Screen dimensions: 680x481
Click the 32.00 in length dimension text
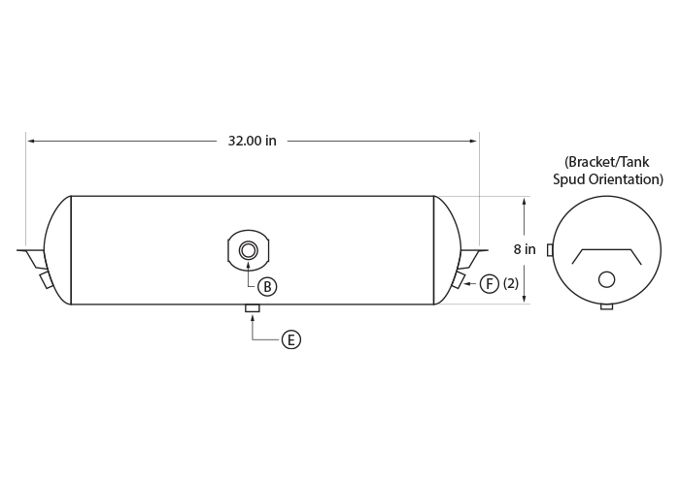pyautogui.click(x=252, y=141)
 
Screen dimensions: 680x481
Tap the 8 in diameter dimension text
pyautogui.click(x=525, y=249)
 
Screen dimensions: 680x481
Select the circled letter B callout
pyautogui.click(x=267, y=287)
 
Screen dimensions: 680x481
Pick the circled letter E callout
pyautogui.click(x=291, y=339)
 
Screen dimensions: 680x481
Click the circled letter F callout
pyautogui.click(x=490, y=284)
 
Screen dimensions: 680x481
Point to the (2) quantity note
pyautogui.click(x=511, y=283)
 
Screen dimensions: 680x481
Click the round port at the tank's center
pyautogui.click(x=248, y=250)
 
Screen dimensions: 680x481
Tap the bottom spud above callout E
pyautogui.click(x=253, y=307)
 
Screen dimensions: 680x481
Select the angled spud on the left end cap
pyautogui.click(x=46, y=279)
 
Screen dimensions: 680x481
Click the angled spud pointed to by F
pyautogui.click(x=459, y=279)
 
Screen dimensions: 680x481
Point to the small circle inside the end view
pyautogui.click(x=606, y=279)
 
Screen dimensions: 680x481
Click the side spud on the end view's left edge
pyautogui.click(x=550, y=250)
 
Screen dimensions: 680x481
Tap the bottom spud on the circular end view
pyautogui.click(x=607, y=306)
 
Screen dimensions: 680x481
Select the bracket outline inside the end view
pyautogui.click(x=607, y=249)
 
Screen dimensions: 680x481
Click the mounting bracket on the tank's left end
pyautogui.click(x=31, y=258)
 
